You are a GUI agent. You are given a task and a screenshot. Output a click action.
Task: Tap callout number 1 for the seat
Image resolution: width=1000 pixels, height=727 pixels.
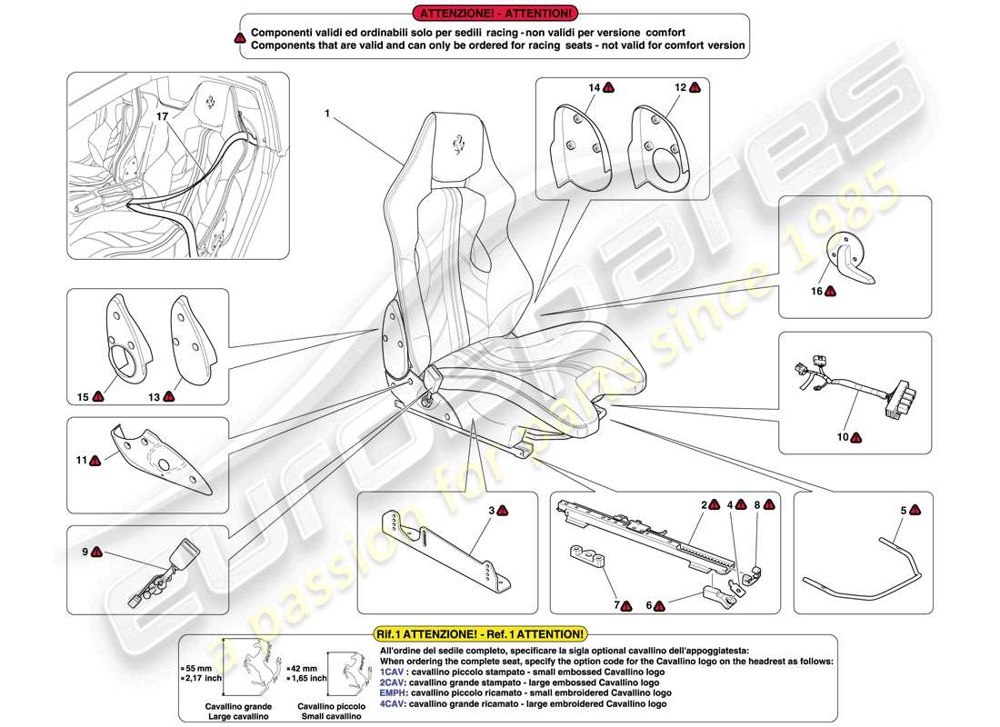(325, 115)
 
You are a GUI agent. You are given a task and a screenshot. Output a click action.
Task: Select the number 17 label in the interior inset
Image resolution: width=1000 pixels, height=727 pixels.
(161, 117)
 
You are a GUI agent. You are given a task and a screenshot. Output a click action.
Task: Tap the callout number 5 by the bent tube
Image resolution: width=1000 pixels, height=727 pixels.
(903, 512)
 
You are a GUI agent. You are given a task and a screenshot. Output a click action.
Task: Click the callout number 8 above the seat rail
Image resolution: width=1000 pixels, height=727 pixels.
(756, 504)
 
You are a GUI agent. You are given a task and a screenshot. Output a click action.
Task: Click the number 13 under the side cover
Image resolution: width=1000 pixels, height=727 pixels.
(154, 396)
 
